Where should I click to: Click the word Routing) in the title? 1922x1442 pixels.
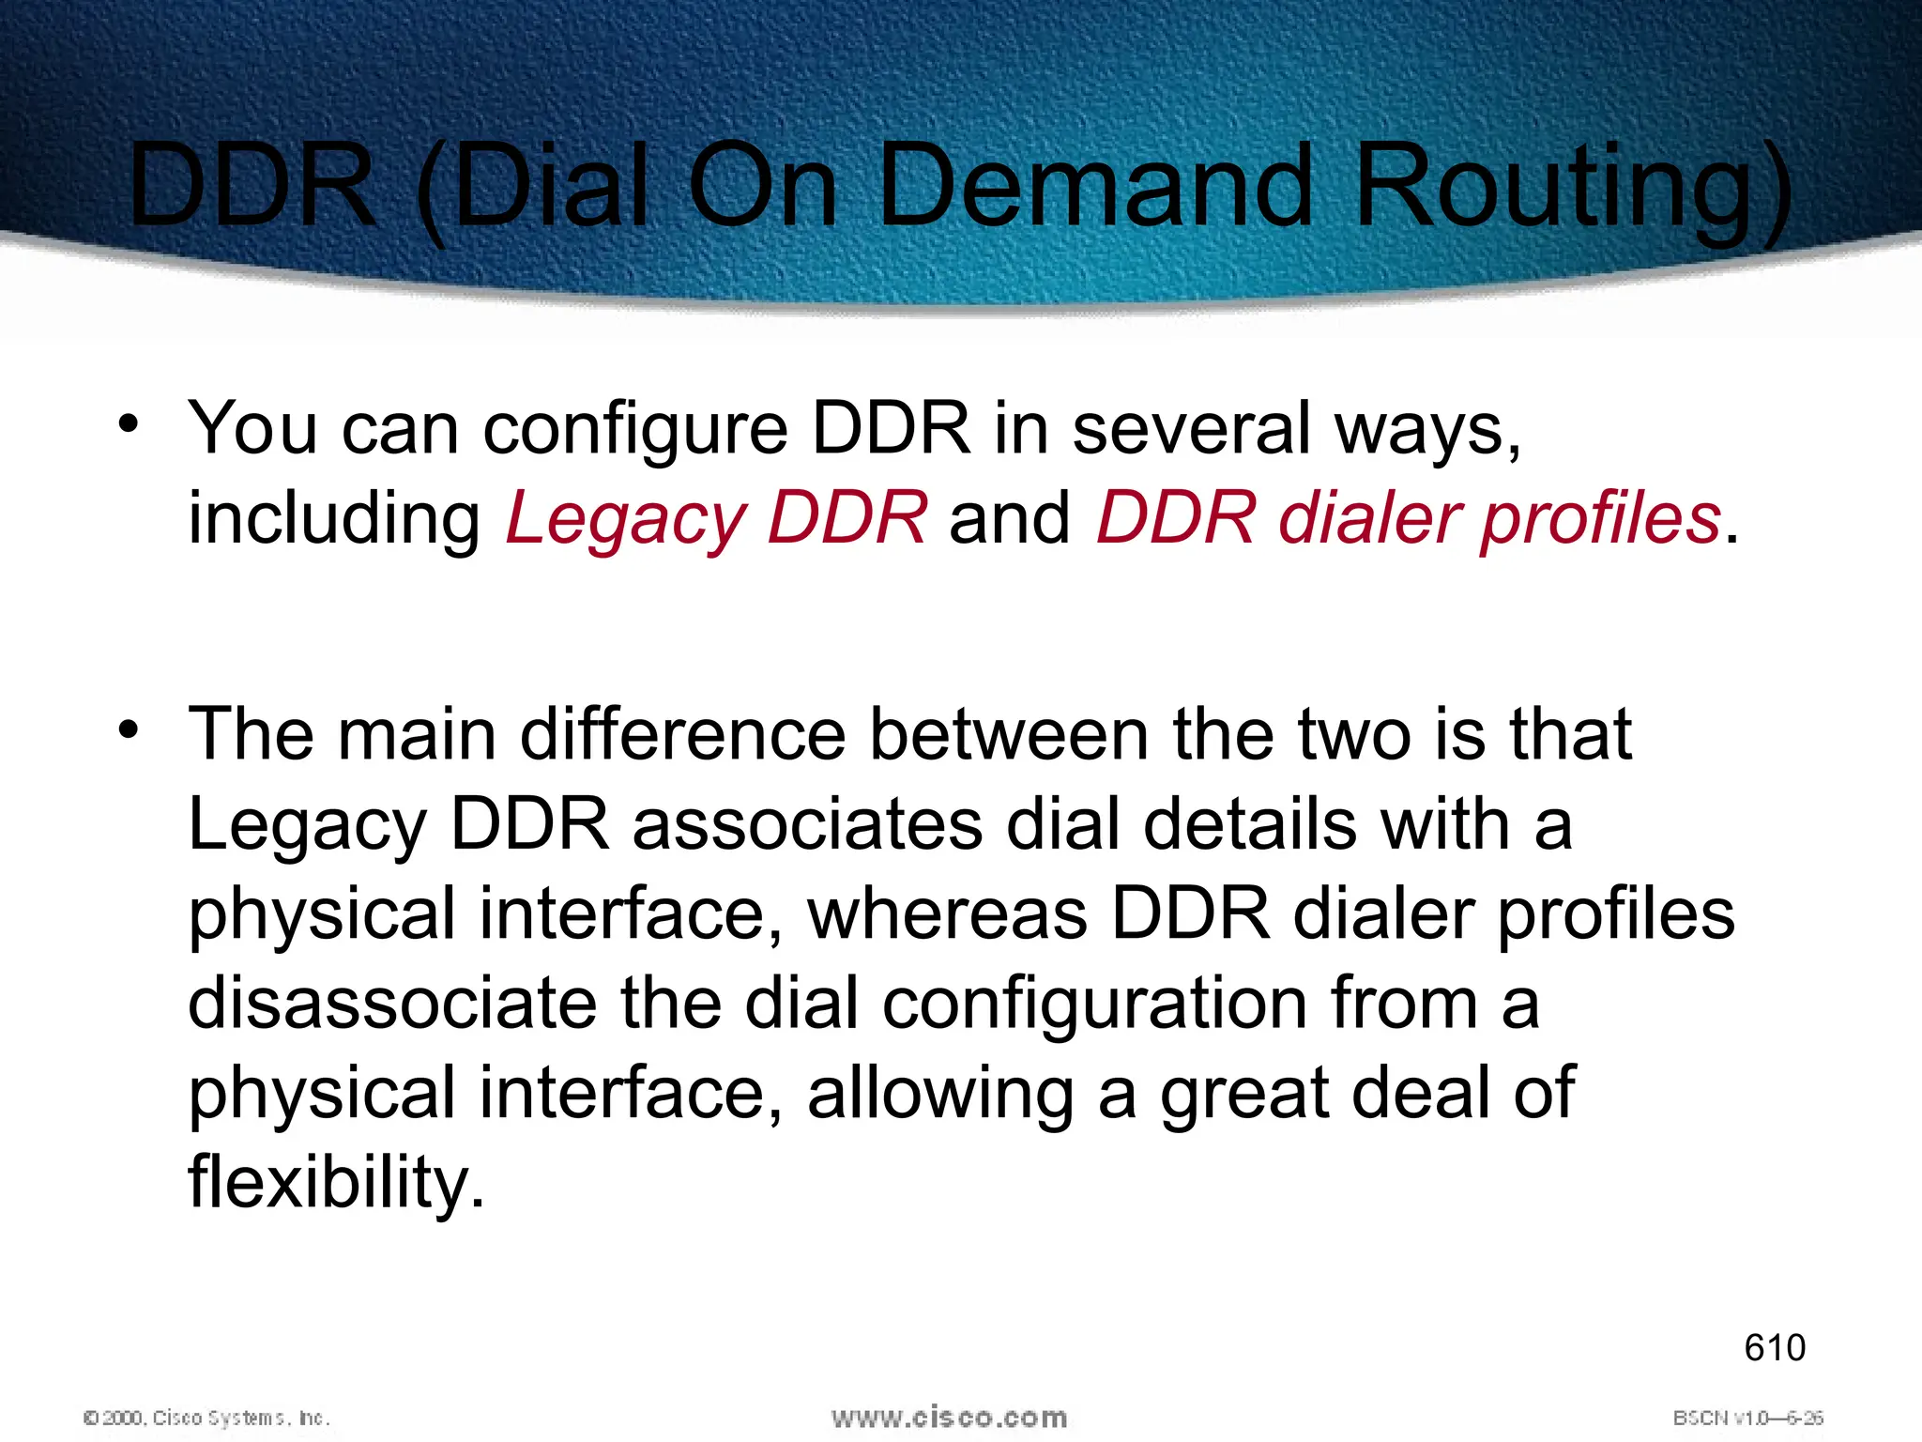pyautogui.click(x=1572, y=188)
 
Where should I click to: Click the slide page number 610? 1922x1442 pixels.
pyautogui.click(x=1775, y=1348)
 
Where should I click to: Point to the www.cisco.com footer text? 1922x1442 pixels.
pyautogui.click(x=949, y=1417)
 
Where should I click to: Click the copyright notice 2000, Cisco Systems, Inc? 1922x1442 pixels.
pyautogui.click(x=207, y=1418)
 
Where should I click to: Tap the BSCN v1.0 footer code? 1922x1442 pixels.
pyautogui.click(x=1747, y=1418)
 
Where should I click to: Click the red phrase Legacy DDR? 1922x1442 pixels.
pyautogui.click(x=716, y=519)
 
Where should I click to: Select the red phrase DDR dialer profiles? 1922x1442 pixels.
pyautogui.click(x=1409, y=519)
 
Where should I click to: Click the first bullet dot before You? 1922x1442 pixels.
pyautogui.click(x=129, y=424)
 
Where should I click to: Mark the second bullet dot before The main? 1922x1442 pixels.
pyautogui.click(x=129, y=729)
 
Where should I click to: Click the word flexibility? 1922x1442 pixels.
pyautogui.click(x=336, y=1183)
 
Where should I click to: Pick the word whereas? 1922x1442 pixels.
pyautogui.click(x=947, y=914)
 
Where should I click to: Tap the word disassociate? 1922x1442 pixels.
pyautogui.click(x=392, y=1004)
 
